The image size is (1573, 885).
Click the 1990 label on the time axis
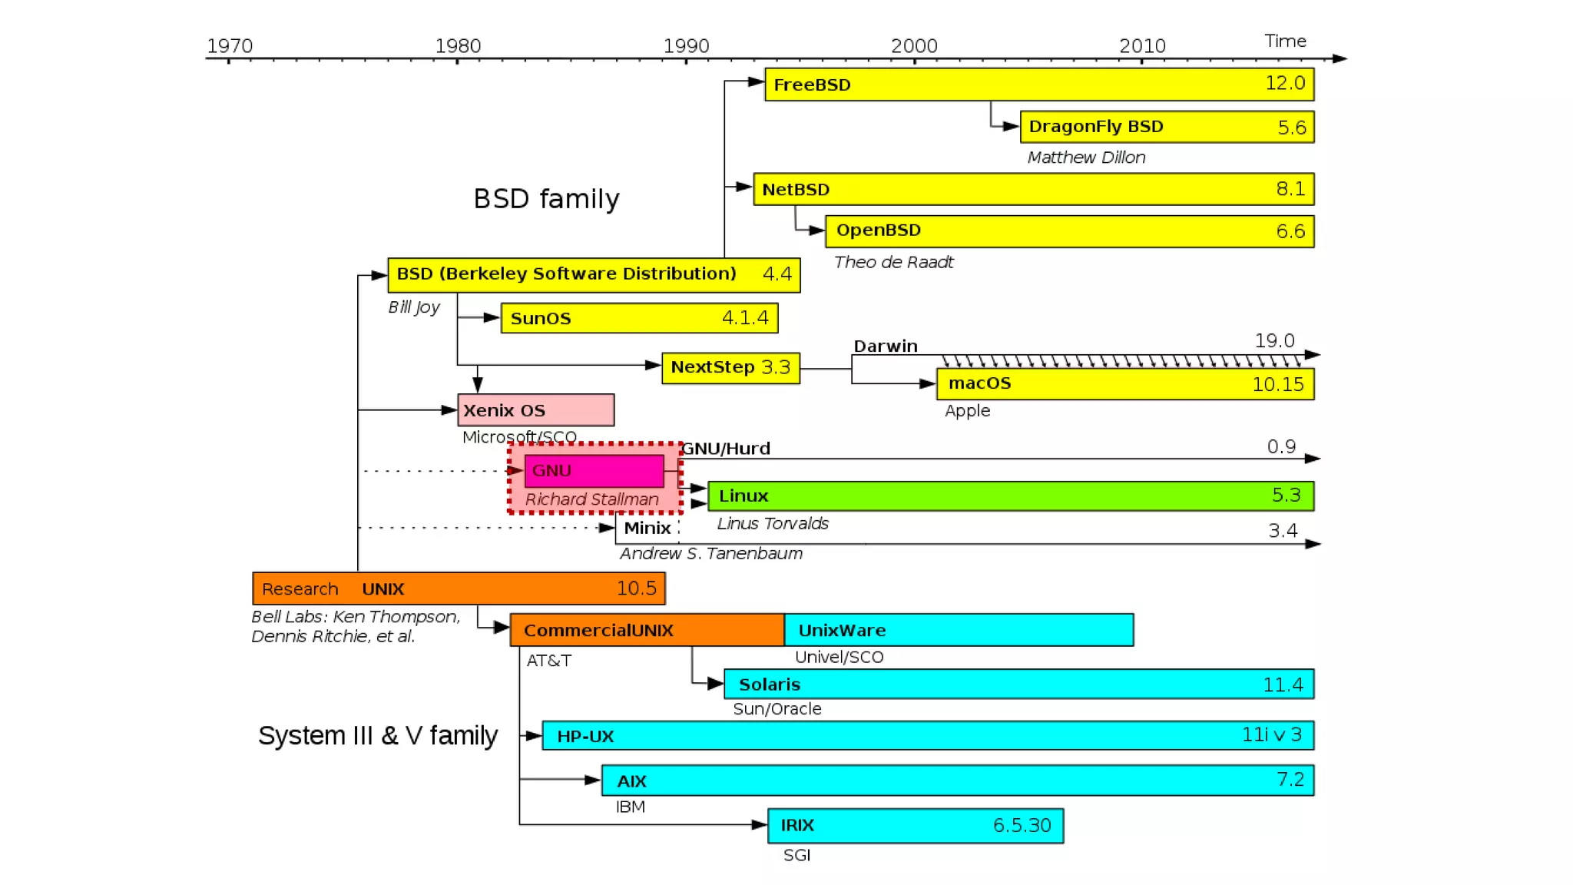pos(686,46)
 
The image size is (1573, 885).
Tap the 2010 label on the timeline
pos(1142,46)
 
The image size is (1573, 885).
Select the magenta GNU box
pos(594,471)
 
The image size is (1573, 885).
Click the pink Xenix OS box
pos(535,410)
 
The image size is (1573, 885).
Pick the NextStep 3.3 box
pos(730,368)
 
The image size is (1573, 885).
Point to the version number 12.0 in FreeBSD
pos(1285,83)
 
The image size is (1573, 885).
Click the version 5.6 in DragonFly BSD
pos(1291,128)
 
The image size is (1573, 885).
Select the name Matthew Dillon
pos(1086,157)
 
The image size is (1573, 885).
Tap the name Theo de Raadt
pos(893,263)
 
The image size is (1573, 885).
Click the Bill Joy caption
pos(414,307)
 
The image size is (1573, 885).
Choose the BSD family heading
pos(546,199)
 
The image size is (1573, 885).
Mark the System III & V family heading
pos(378,736)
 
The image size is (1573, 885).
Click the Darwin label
pos(886,346)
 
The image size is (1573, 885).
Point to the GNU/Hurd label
pos(726,449)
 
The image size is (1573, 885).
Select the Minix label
pos(647,529)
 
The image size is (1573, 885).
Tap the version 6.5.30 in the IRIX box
pos(1022,826)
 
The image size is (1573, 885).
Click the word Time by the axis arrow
pos(1285,41)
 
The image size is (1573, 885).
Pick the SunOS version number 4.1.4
pos(745,318)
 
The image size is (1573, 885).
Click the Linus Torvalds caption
pos(773,524)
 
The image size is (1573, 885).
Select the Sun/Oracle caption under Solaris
pos(777,709)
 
